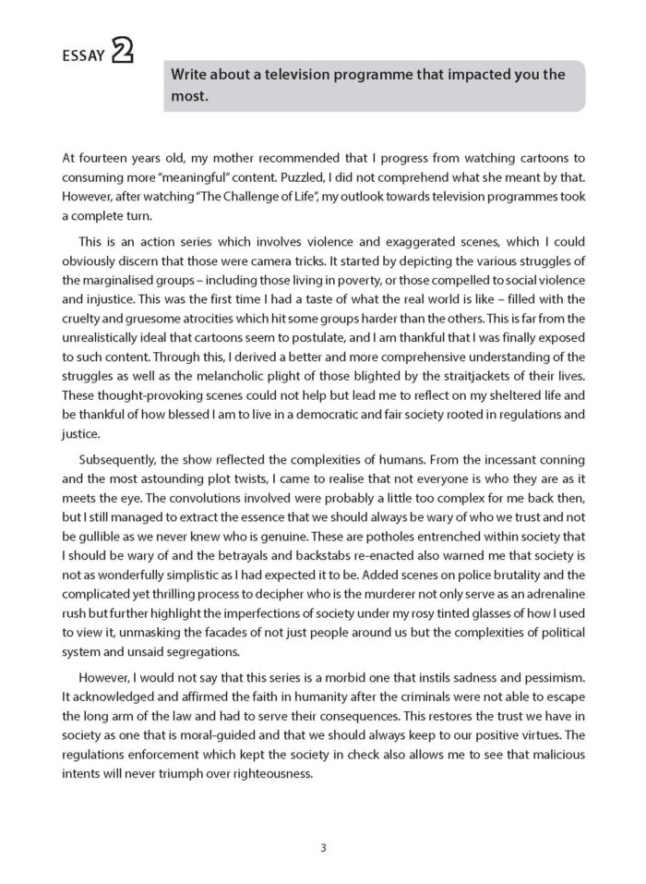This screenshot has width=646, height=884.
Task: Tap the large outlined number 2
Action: point(121,52)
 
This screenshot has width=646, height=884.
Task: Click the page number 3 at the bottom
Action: point(323,847)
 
